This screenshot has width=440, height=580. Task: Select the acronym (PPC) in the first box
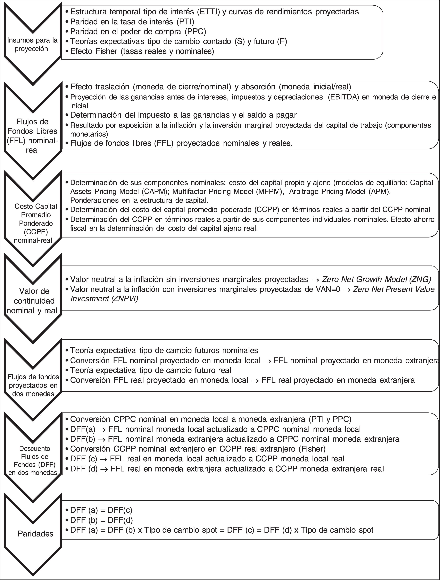(195, 31)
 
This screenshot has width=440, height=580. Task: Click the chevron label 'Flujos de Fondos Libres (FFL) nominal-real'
(32, 136)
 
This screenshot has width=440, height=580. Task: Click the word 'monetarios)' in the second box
(89, 134)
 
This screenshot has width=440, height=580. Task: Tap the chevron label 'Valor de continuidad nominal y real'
(32, 301)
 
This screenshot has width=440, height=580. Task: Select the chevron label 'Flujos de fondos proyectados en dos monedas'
(33, 385)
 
